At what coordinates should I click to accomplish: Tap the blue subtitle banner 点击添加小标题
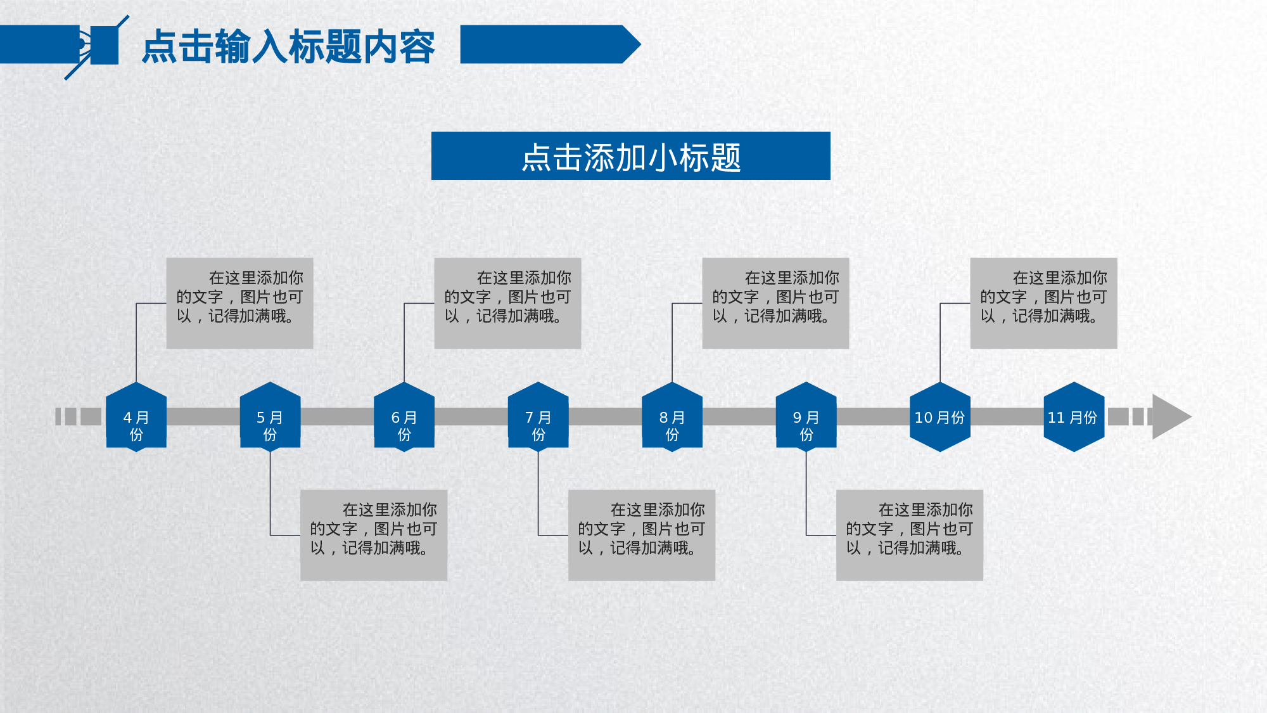(630, 156)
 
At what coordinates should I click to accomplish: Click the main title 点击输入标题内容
(288, 46)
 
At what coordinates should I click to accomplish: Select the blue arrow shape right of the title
(548, 44)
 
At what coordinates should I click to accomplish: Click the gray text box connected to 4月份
(239, 303)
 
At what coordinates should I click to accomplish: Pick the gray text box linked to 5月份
(374, 535)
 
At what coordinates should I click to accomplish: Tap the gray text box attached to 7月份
(642, 535)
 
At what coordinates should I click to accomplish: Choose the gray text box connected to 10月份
(1043, 303)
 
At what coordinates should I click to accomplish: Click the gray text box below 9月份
(910, 535)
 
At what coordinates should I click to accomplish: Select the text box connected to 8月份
(775, 303)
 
